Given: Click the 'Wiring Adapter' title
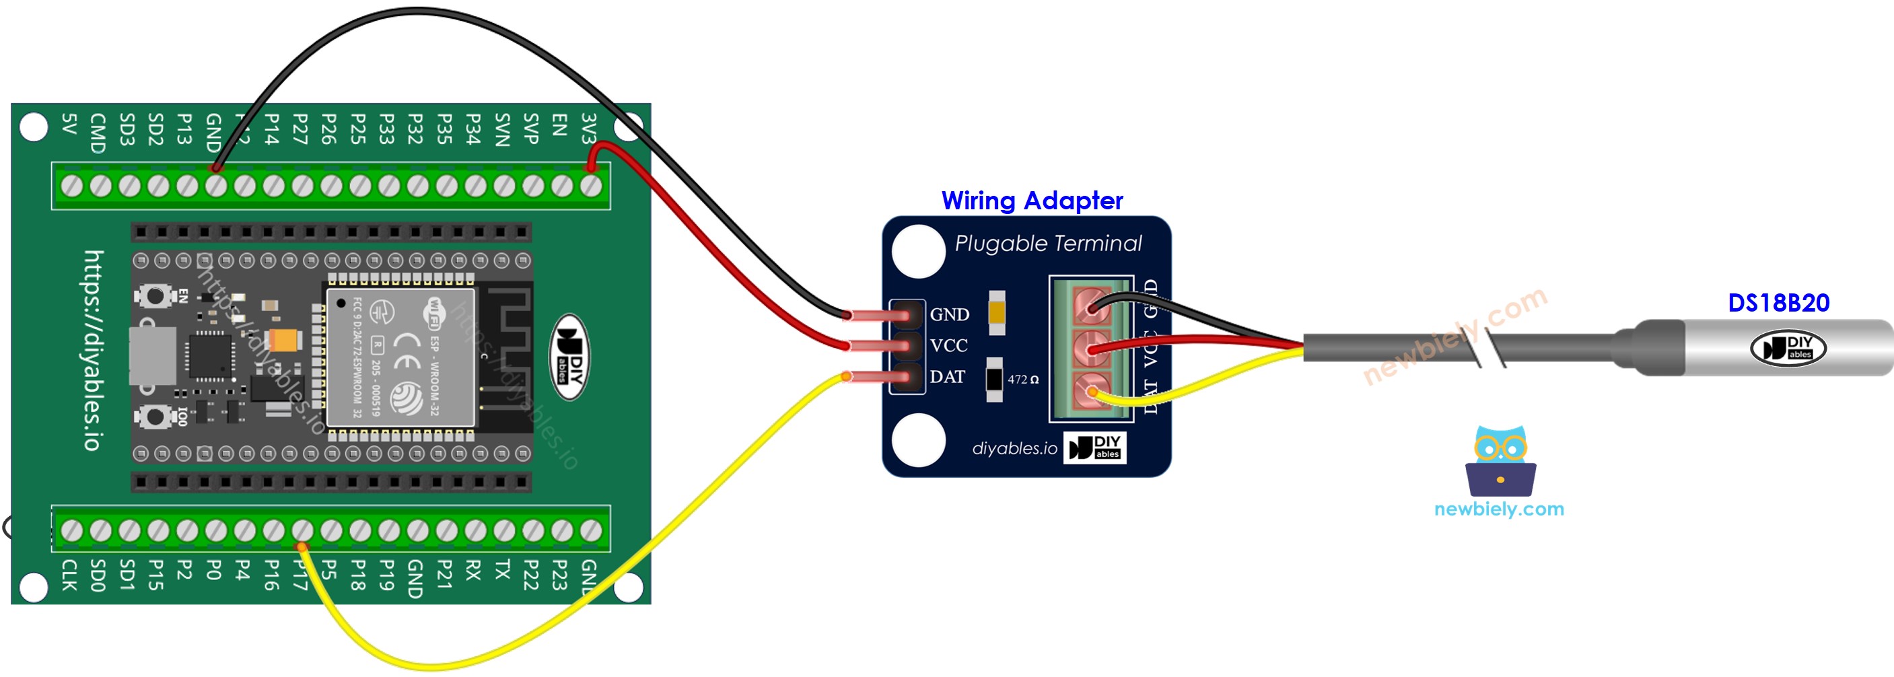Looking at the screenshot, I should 1032,201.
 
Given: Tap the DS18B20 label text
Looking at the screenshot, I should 1778,303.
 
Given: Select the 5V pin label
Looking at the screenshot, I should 69,124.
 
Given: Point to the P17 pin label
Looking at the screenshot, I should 300,575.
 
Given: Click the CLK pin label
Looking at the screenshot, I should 69,575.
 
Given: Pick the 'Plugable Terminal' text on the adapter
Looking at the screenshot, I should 1048,244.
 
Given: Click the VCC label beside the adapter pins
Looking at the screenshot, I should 948,345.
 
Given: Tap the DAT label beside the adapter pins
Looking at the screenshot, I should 947,377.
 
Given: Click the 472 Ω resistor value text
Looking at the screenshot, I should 1023,380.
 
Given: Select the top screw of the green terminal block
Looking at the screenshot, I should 1092,305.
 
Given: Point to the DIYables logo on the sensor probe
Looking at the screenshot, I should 1788,348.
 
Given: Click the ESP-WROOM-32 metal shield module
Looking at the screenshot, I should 401,357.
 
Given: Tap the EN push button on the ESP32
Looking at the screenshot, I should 154,296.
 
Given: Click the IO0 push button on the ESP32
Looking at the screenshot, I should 154,417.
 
